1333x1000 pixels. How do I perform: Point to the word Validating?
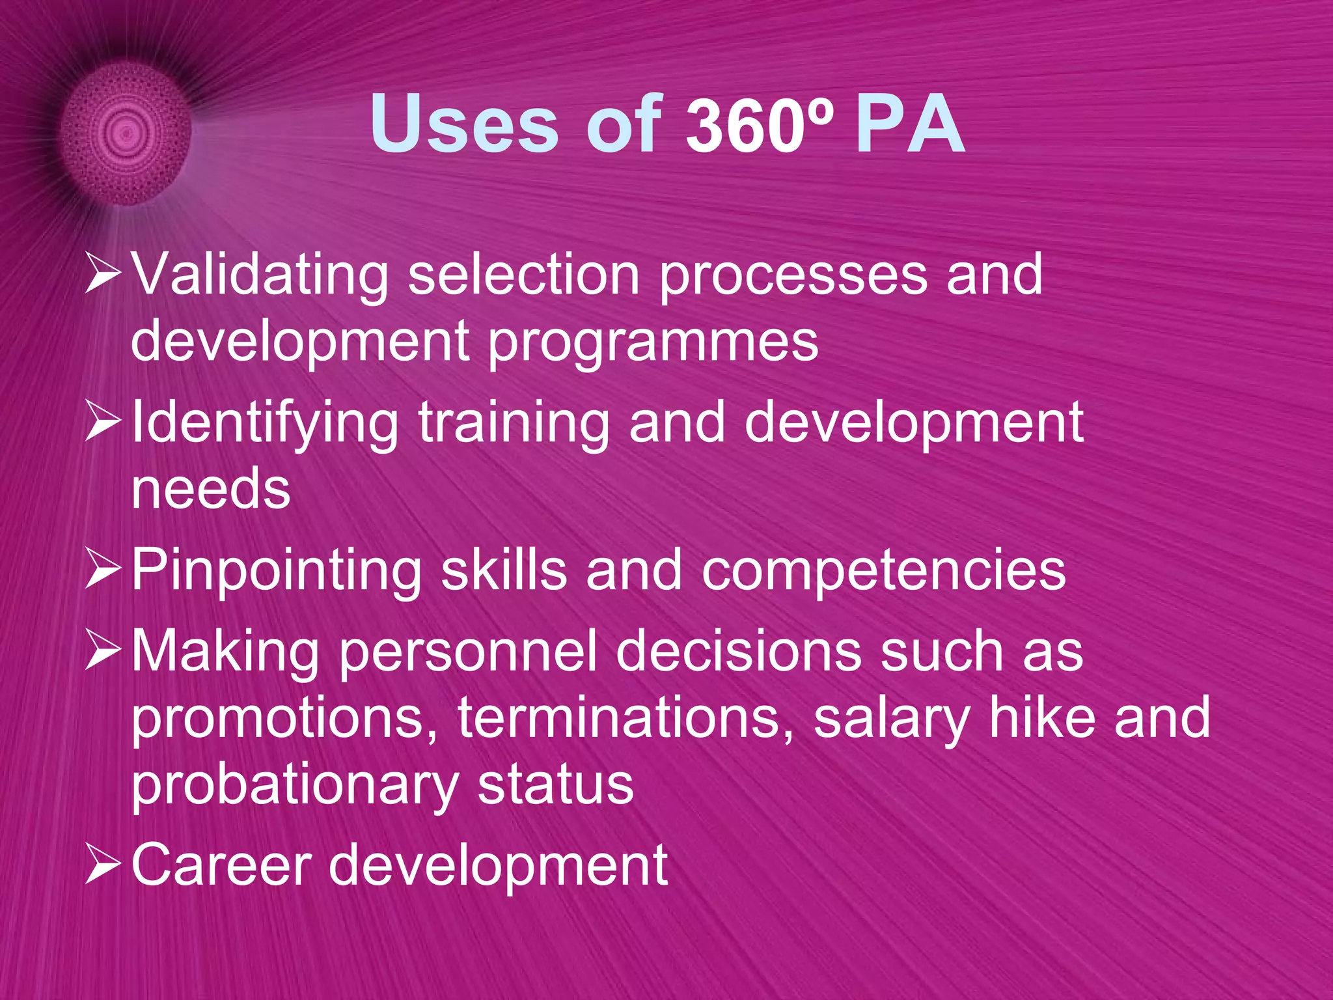[x=260, y=275]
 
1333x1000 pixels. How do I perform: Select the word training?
[x=514, y=424]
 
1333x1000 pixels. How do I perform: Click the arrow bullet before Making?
[x=103, y=653]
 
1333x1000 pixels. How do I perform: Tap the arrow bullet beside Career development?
[x=103, y=867]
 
